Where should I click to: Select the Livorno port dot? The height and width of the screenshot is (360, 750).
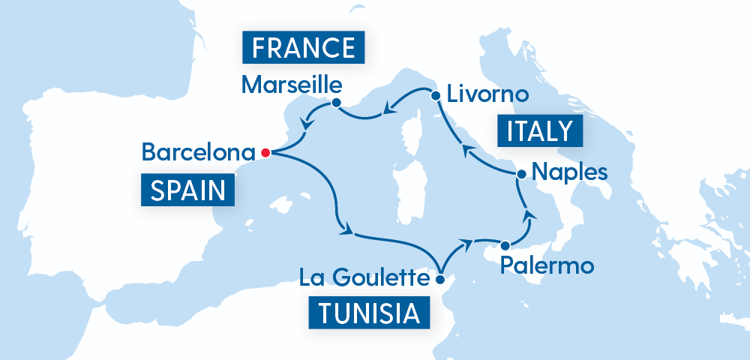tap(434, 95)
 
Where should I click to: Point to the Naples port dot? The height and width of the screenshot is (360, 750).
tap(519, 174)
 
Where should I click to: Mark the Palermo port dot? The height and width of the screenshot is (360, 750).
tap(505, 244)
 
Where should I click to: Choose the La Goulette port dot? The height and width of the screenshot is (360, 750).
tap(440, 280)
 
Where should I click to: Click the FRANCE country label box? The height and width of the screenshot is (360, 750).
tap(304, 47)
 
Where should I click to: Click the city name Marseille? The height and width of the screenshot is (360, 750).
tap(291, 85)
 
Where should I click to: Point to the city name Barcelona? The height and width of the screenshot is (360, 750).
tap(198, 153)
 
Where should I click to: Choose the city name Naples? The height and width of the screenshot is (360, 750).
tap(568, 172)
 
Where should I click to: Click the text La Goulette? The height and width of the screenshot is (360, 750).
tap(363, 279)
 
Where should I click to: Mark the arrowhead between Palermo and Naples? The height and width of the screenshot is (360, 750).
tap(529, 216)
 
